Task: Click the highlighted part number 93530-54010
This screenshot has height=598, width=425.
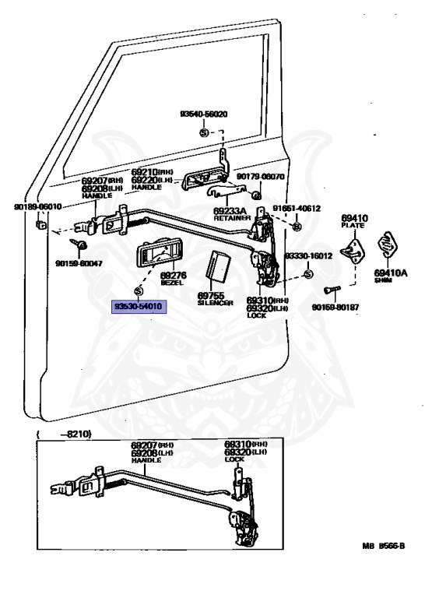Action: pyautogui.click(x=139, y=308)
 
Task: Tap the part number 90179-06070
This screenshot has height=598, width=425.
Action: pyautogui.click(x=261, y=177)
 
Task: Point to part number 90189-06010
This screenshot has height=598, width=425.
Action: pyautogui.click(x=37, y=206)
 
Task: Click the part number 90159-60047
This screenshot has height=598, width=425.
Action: pyautogui.click(x=79, y=264)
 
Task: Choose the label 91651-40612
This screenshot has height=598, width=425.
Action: pyautogui.click(x=297, y=209)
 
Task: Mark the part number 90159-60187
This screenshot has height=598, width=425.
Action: pyautogui.click(x=335, y=307)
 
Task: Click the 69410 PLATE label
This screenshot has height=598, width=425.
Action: pyautogui.click(x=353, y=220)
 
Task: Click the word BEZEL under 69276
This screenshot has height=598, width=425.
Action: pyautogui.click(x=172, y=283)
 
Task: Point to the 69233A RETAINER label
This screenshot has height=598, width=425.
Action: pyautogui.click(x=231, y=213)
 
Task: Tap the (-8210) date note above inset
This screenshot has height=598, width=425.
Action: pyautogui.click(x=63, y=434)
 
